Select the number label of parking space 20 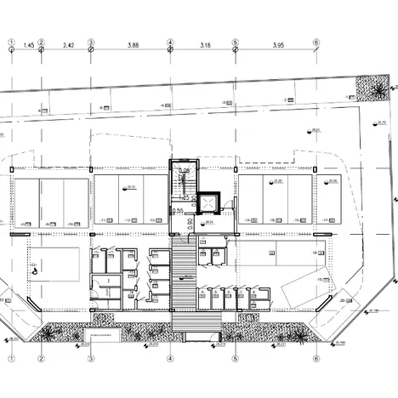pos(343,301)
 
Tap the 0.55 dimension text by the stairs pos(179,211)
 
